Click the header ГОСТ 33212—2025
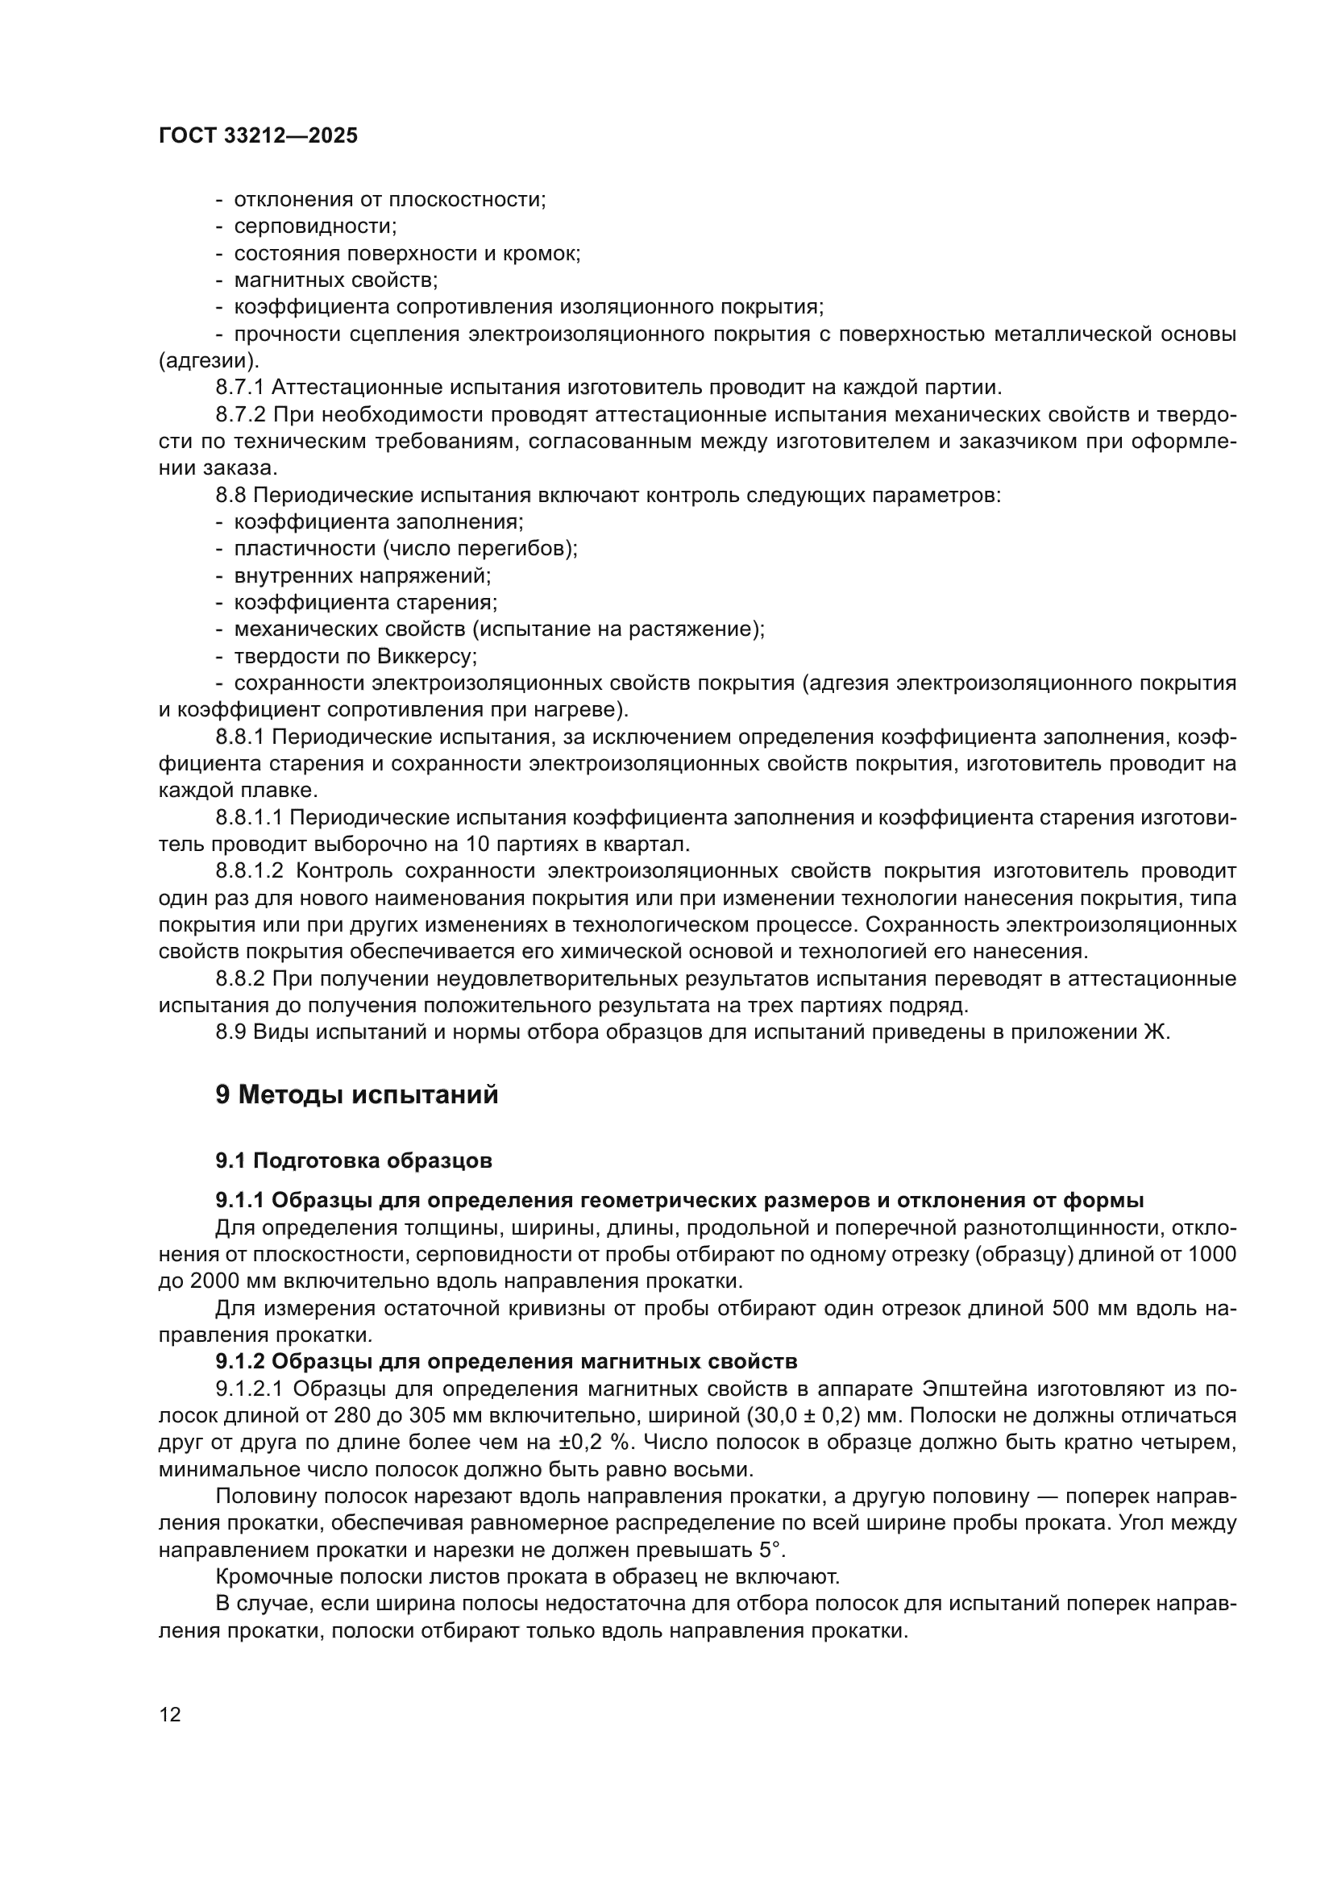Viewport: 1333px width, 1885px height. (x=258, y=136)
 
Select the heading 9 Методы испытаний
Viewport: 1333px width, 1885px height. (x=356, y=1095)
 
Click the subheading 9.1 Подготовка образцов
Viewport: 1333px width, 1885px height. (x=354, y=1160)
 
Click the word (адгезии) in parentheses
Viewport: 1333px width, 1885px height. (x=209, y=360)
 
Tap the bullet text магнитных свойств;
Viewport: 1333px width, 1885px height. (x=336, y=280)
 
